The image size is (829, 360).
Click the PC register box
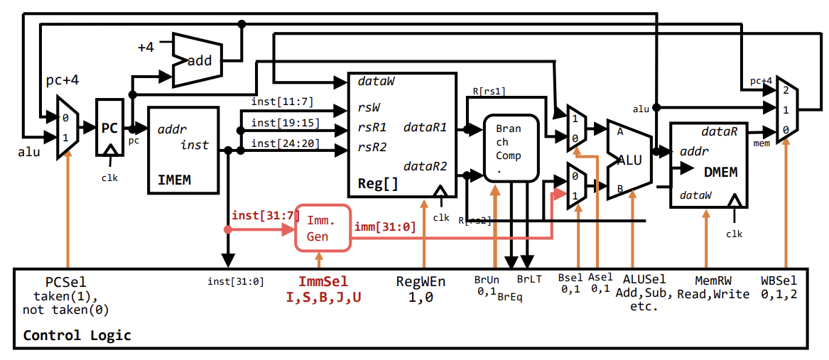tap(109, 129)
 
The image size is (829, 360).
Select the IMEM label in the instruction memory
tap(174, 180)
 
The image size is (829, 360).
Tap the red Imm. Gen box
tap(323, 227)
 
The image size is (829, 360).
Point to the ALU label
tap(629, 160)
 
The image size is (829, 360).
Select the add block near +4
tap(199, 61)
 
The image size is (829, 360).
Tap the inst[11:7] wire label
tap(282, 102)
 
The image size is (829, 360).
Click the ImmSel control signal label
tap(323, 282)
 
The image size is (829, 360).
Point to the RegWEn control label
tap(421, 282)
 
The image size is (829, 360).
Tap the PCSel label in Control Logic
tap(65, 282)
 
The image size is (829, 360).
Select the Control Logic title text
tap(77, 335)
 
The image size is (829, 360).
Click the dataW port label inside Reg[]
tap(376, 82)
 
